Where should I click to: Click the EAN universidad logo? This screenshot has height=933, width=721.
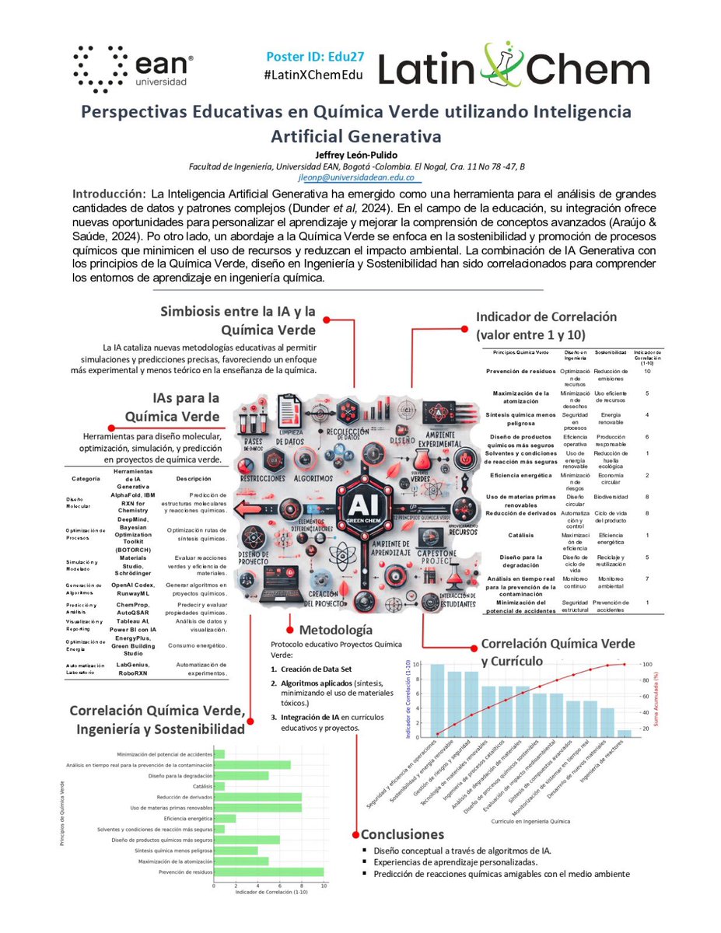[132, 66]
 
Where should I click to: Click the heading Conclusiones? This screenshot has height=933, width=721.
[402, 834]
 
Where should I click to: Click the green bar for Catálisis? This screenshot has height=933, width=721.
[220, 787]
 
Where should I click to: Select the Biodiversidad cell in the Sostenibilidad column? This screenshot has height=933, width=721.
[611, 496]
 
